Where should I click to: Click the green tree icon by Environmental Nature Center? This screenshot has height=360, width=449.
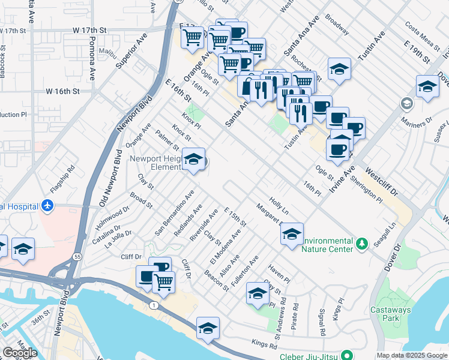361,244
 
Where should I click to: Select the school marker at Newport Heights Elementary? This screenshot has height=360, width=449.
193,160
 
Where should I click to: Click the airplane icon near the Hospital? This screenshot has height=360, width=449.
48,206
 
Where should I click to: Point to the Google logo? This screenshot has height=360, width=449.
20,353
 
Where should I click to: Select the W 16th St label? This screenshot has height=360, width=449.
62,91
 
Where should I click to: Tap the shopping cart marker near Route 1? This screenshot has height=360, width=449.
163,281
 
